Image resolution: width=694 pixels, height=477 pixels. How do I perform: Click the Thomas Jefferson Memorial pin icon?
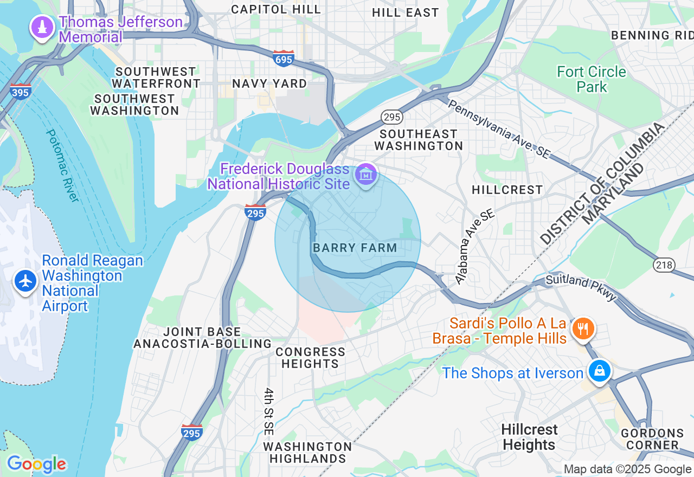(x=42, y=27)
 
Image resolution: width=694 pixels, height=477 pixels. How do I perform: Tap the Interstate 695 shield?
(x=284, y=59)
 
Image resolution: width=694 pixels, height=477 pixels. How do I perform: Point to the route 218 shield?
(x=664, y=265)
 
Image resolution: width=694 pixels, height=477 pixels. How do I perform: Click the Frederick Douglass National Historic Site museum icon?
(x=366, y=175)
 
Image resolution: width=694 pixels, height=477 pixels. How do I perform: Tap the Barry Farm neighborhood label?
(x=355, y=248)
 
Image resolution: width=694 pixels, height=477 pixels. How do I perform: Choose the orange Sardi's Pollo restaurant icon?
(x=583, y=328)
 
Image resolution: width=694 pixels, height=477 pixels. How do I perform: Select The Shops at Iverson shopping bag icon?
(x=599, y=371)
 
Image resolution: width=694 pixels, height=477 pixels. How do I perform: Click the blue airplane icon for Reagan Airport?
(x=25, y=281)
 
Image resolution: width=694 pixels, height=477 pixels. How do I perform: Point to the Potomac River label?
(x=63, y=165)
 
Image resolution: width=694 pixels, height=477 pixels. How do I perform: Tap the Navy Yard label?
(x=269, y=83)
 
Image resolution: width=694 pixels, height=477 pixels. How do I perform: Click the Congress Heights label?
(x=310, y=358)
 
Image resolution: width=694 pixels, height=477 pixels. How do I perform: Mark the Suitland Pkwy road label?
(x=581, y=287)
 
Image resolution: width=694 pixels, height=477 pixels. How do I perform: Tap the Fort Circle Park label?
(x=592, y=79)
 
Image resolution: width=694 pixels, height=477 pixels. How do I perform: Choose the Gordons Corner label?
(x=652, y=439)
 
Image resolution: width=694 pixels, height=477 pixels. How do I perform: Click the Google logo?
(x=36, y=465)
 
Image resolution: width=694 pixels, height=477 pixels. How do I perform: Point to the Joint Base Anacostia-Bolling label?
(x=202, y=338)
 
